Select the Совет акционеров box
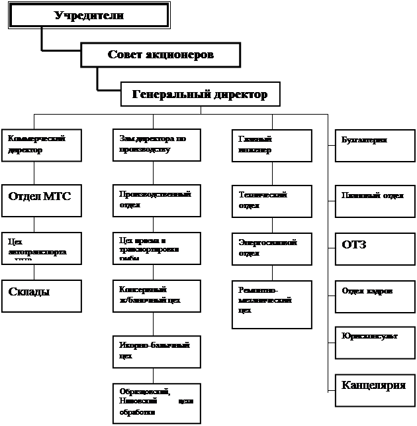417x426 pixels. [x=160, y=55]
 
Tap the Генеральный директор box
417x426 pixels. [x=200, y=94]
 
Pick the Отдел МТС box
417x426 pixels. [x=42, y=198]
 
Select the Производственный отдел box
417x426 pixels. [x=156, y=199]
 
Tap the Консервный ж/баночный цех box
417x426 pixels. [x=156, y=296]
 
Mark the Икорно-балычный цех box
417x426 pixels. [x=156, y=350]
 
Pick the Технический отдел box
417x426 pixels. [x=271, y=199]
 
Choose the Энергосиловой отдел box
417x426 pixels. [x=271, y=248]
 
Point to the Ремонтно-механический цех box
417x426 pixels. [x=271, y=304]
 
